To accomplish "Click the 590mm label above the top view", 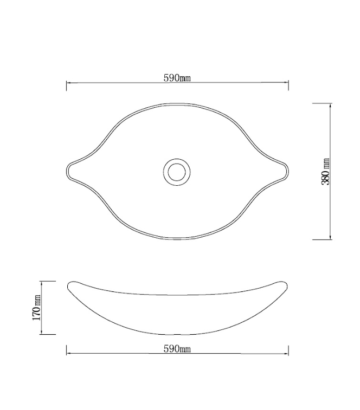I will tap(177, 78).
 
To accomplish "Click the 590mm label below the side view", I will tap(177, 349).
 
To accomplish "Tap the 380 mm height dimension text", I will tap(326, 172).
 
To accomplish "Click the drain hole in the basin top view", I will tap(177, 171).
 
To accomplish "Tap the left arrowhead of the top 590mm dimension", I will tap(68, 83).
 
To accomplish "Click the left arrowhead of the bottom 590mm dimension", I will tap(68, 354).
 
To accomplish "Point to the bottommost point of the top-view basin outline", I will tap(178, 239).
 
